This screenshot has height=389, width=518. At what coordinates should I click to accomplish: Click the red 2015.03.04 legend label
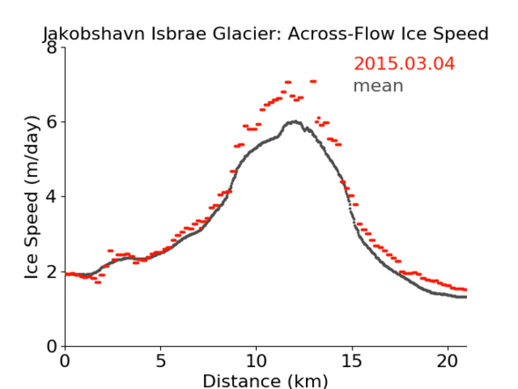pos(404,64)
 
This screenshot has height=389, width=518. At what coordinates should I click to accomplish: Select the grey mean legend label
pos(379,86)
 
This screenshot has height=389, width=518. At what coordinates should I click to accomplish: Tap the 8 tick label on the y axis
pos(52,48)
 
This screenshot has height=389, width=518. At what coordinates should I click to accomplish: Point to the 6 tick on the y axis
pos(52,122)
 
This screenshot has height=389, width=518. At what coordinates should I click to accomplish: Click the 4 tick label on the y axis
pos(52,197)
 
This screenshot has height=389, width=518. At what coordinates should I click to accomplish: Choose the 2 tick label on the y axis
pos(52,271)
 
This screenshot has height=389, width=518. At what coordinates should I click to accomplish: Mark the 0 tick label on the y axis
pos(52,346)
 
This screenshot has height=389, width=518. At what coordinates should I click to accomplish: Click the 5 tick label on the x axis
pos(160,361)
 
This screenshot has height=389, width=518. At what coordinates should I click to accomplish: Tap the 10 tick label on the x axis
pos(256,361)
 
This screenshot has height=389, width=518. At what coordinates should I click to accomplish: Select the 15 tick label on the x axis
pos(351,361)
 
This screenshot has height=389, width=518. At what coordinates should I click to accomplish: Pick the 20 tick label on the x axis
pos(447,361)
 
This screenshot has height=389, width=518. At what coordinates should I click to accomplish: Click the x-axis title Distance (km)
pos(265,381)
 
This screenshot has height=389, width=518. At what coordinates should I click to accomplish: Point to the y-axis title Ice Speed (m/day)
pos(32,198)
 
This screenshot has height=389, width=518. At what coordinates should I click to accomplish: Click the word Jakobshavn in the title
pos(94,34)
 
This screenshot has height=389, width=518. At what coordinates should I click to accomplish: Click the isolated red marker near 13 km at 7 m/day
pos(313,81)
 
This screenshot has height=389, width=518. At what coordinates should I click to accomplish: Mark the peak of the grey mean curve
pos(295,122)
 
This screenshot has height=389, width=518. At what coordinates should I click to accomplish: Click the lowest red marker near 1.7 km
pos(97,282)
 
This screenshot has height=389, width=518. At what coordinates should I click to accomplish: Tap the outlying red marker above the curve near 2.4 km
pos(110,251)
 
